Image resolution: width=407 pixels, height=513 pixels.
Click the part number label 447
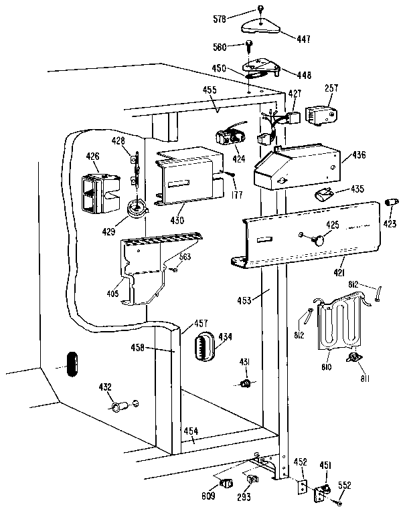(303, 39)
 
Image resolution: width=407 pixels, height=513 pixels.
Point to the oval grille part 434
(203, 348)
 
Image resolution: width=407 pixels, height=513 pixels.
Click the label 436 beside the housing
(359, 155)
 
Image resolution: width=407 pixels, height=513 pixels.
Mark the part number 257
(331, 88)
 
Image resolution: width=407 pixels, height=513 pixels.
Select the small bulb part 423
(390, 201)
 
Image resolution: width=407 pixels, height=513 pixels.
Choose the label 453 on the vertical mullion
(244, 300)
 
